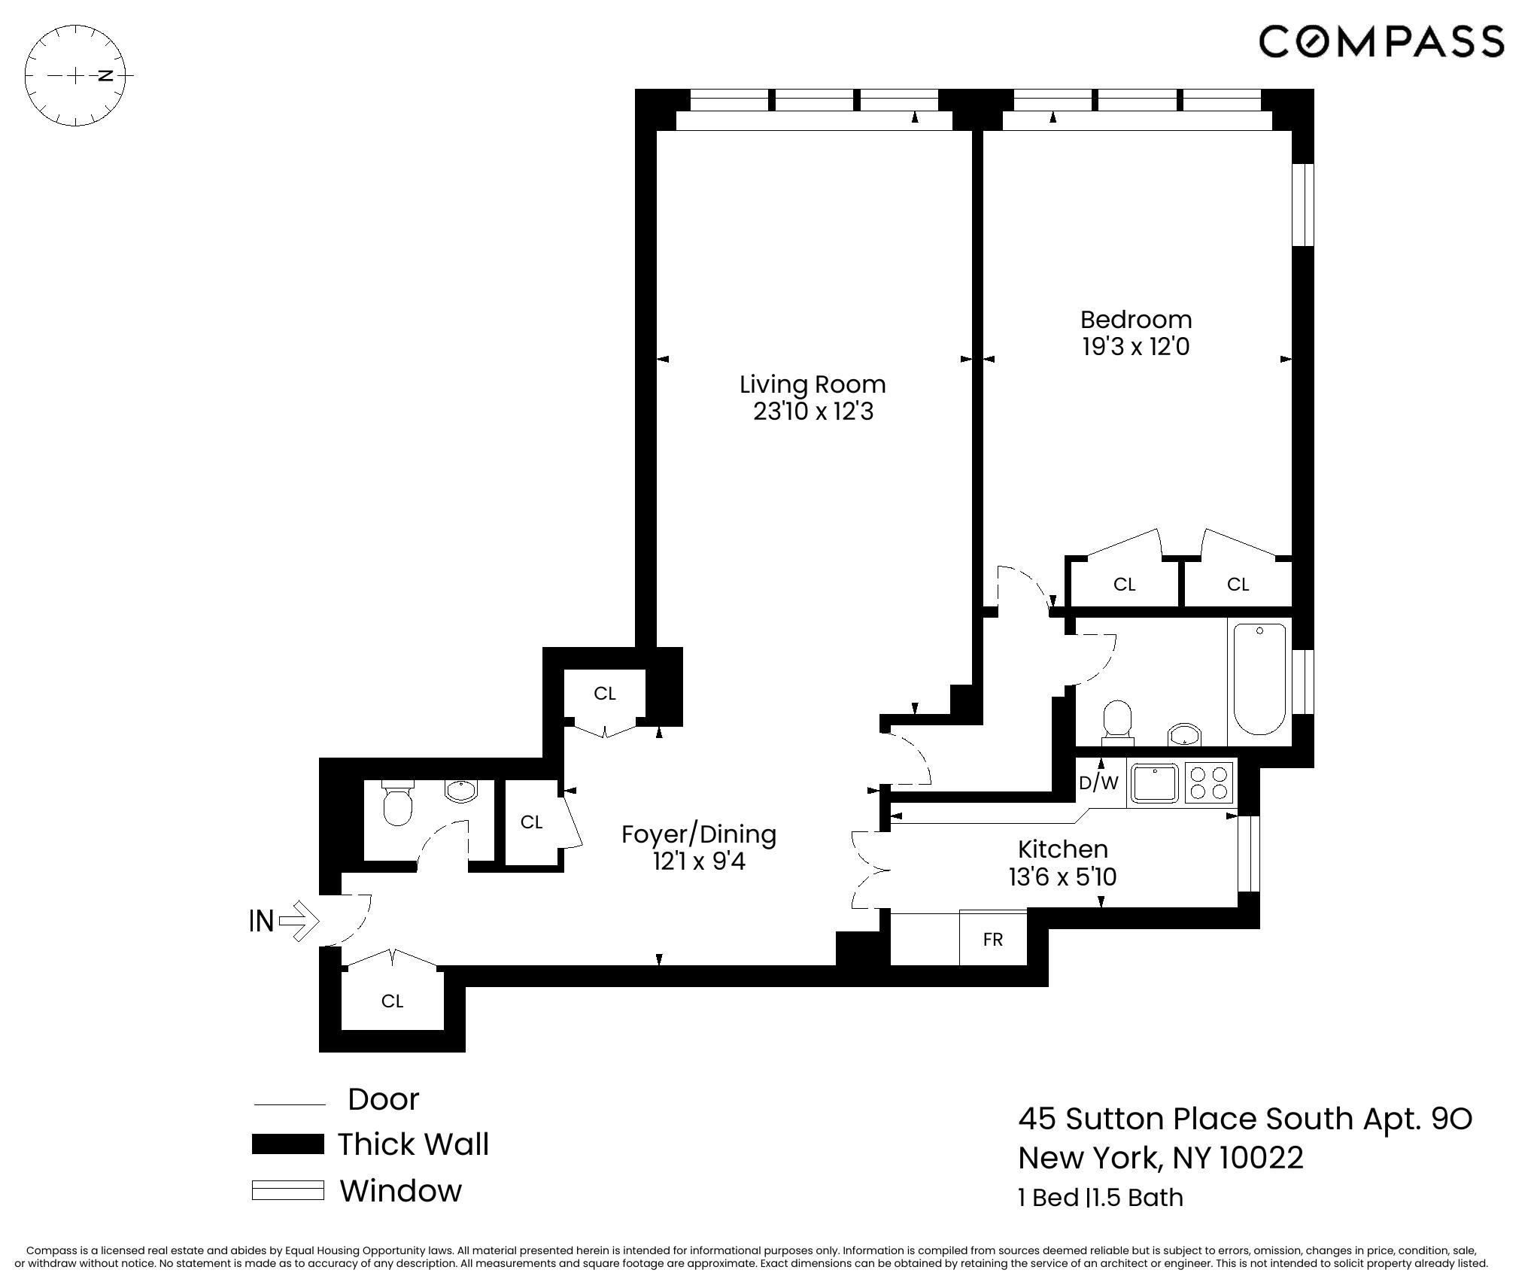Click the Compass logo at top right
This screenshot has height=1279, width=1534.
[1381, 41]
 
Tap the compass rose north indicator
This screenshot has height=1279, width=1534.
[106, 75]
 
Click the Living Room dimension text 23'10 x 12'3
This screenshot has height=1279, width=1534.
[813, 412]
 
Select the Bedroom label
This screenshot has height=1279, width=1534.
[1135, 320]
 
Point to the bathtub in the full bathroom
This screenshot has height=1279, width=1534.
[1259, 679]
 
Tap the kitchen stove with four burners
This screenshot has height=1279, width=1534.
[1209, 782]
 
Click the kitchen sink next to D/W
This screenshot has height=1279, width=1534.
[1155, 783]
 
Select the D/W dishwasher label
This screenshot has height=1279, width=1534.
[1098, 783]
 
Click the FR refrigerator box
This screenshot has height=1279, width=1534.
[992, 940]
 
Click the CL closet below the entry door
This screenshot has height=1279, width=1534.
[392, 1001]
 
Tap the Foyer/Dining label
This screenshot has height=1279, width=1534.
[699, 834]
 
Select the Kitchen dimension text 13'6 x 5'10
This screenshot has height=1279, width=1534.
[1062, 877]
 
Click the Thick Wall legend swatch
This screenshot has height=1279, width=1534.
[287, 1144]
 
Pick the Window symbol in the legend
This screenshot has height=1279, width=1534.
[287, 1191]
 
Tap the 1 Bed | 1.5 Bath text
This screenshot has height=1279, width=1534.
[1100, 1198]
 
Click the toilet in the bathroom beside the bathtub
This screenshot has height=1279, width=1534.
[1117, 718]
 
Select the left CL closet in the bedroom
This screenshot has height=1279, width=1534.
[1124, 585]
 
